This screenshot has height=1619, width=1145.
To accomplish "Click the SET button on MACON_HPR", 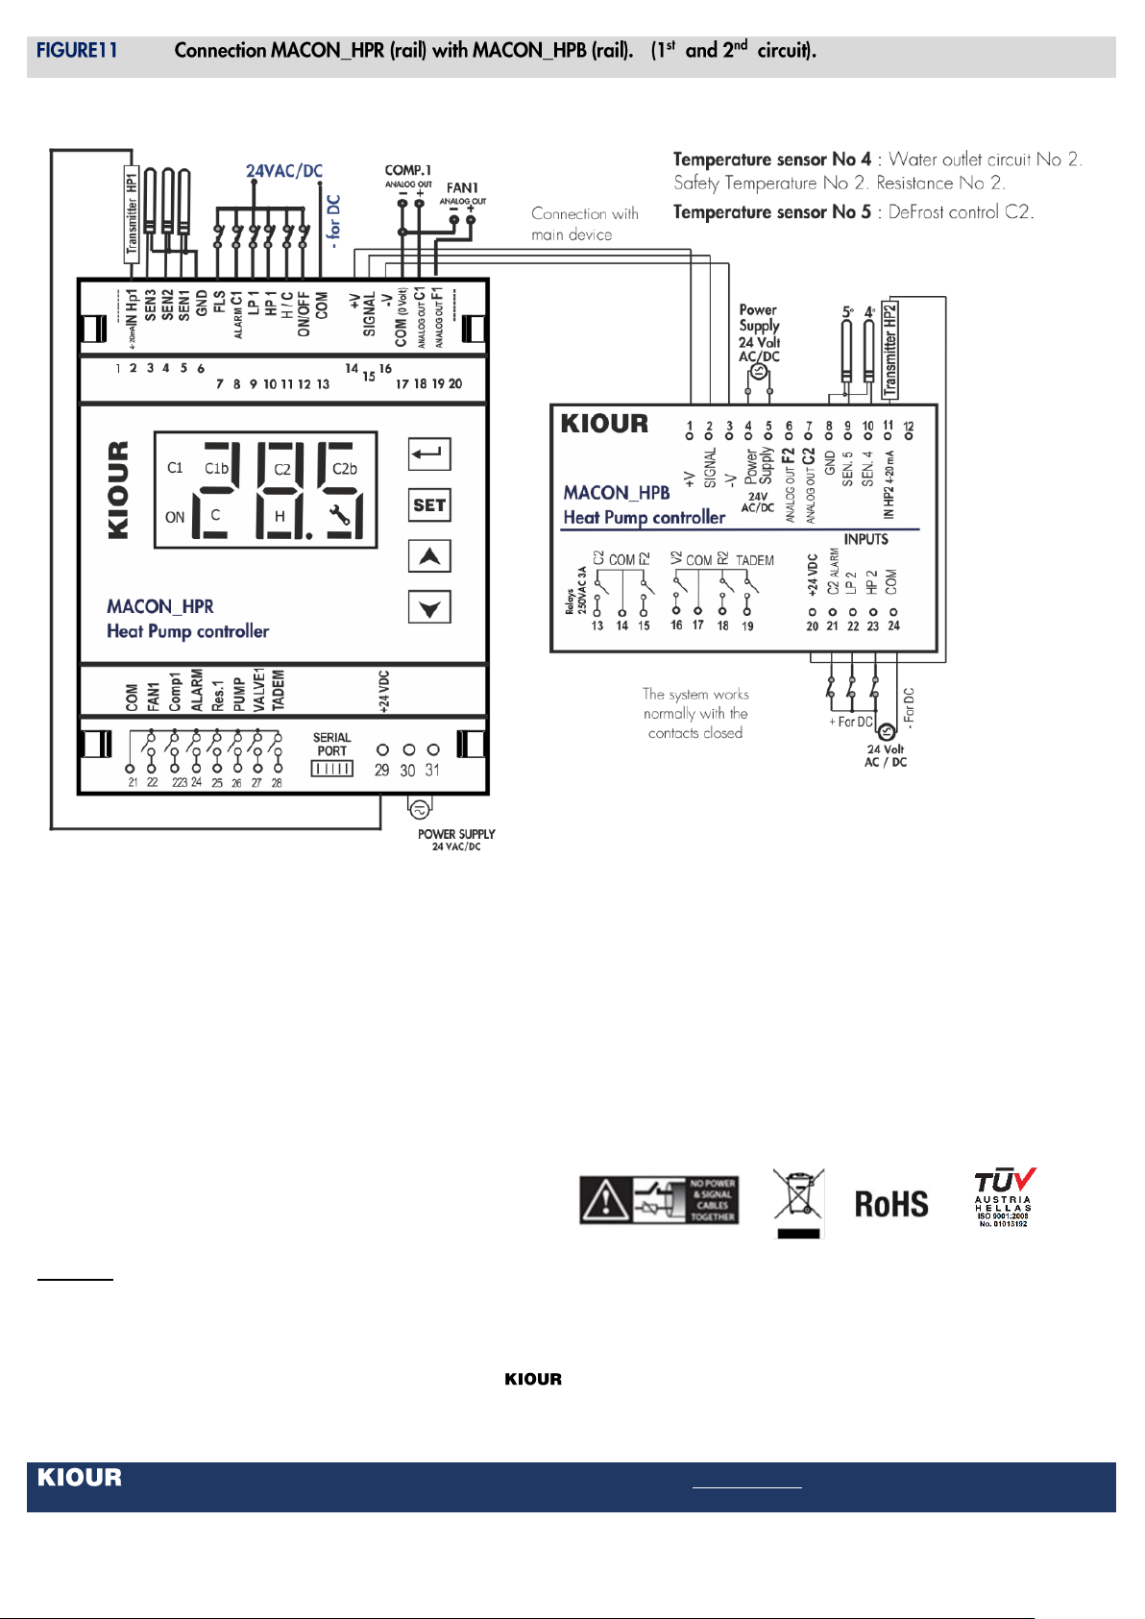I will (429, 505).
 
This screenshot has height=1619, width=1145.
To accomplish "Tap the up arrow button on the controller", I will (429, 556).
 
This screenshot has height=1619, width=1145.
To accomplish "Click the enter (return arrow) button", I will (429, 454).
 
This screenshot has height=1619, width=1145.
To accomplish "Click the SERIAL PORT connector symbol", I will (331, 769).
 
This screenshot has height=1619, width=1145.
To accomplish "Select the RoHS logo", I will (891, 1204).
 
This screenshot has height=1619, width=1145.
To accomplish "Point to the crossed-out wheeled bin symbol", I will (798, 1201).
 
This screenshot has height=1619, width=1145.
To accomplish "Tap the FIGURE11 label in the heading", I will (77, 51).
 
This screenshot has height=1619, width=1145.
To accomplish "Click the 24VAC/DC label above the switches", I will (284, 171).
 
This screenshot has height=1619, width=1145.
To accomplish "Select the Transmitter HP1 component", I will (132, 213).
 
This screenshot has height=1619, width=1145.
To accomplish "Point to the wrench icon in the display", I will (339, 514).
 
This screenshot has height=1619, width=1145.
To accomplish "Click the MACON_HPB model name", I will (617, 493).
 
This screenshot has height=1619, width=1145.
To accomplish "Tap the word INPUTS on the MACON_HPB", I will (865, 539).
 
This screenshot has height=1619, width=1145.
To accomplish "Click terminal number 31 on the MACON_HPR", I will (433, 770).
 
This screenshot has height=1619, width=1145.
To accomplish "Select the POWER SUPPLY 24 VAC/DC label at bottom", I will (456, 840).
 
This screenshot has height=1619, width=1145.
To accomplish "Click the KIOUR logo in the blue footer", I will (80, 1477).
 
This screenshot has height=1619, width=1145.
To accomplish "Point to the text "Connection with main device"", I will (584, 224).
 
